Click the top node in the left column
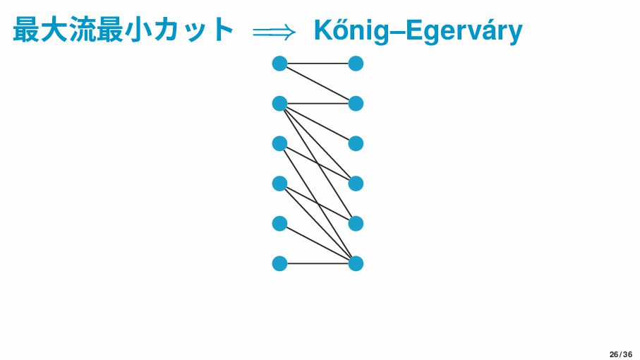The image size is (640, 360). (x=279, y=64)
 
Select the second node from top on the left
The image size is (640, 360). (x=279, y=104)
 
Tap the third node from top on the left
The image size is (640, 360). (x=279, y=144)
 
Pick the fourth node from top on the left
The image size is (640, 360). (x=279, y=184)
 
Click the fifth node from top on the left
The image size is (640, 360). (x=279, y=224)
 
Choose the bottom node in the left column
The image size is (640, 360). (x=279, y=264)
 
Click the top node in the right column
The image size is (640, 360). (x=356, y=64)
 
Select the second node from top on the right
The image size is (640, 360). (x=356, y=104)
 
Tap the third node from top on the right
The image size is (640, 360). (x=356, y=144)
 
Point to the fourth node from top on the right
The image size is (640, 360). (x=356, y=184)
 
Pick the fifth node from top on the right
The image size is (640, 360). (x=356, y=224)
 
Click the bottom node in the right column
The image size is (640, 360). (x=356, y=264)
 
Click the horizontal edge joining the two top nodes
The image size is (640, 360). (x=318, y=64)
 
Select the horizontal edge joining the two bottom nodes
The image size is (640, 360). (x=318, y=264)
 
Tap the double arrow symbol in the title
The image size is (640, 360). (x=274, y=32)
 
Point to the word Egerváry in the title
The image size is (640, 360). (x=464, y=30)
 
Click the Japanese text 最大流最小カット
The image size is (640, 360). (x=123, y=30)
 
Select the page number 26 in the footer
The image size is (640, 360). (x=614, y=354)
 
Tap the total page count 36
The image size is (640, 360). (x=627, y=354)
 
